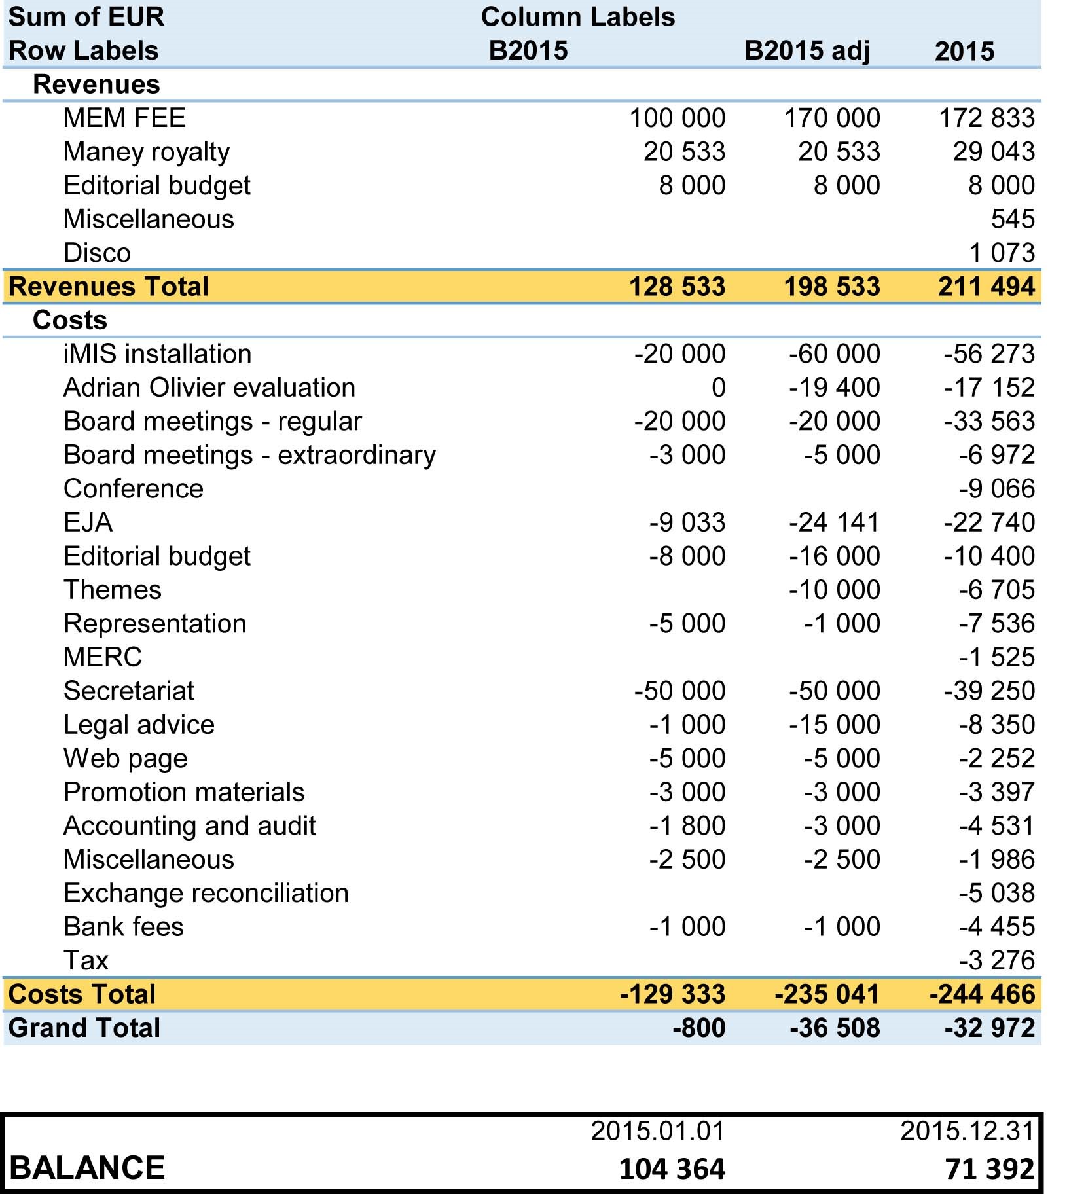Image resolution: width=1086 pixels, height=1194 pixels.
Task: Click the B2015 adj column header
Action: click(x=807, y=50)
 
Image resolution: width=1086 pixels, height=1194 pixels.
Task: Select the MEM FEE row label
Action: click(x=124, y=118)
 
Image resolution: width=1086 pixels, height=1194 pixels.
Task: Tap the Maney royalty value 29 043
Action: click(x=994, y=152)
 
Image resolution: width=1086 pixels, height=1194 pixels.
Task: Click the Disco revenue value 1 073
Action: click(x=1002, y=253)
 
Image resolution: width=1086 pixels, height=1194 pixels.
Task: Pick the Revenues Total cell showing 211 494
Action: click(x=986, y=286)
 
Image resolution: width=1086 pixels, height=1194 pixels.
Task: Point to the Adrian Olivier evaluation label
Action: click(x=209, y=388)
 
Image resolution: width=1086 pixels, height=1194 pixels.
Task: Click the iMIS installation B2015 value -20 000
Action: click(x=679, y=353)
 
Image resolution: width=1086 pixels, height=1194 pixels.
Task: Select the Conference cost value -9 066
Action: click(x=996, y=488)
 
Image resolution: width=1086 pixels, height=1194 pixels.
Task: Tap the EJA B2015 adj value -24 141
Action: click(x=834, y=522)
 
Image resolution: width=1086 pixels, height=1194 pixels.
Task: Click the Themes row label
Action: click(x=113, y=590)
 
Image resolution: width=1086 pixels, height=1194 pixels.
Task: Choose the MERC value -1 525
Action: click(x=996, y=657)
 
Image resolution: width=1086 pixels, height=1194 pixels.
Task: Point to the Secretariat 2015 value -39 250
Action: click(x=988, y=691)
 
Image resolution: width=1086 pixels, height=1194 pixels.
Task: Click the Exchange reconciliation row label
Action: click(x=206, y=893)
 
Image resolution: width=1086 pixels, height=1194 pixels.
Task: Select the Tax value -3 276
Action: click(x=996, y=960)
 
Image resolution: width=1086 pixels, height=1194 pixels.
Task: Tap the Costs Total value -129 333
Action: click(x=672, y=994)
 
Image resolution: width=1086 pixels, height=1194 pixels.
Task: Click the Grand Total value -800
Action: click(x=698, y=1028)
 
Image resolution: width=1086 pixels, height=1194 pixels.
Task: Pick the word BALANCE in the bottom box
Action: click(x=87, y=1168)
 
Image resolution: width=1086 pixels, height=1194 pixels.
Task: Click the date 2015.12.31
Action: click(x=967, y=1131)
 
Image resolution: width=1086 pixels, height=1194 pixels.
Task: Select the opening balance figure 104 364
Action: click(x=672, y=1168)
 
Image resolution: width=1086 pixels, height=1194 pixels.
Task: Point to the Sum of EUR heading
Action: click(x=86, y=16)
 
